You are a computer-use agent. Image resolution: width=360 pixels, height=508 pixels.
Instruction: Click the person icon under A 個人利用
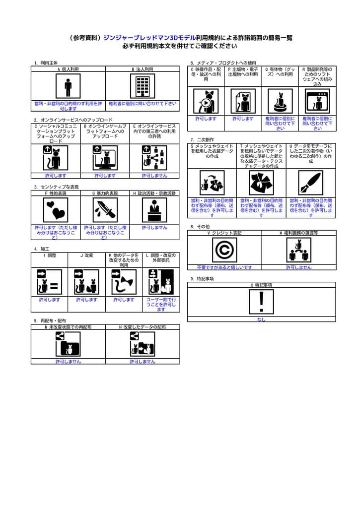[x=68, y=87]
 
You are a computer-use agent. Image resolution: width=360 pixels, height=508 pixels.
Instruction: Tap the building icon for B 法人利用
[x=143, y=87]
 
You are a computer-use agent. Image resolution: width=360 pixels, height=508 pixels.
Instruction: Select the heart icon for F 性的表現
[x=56, y=210]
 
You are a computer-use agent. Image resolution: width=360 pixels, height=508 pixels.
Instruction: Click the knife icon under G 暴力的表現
[x=105, y=210]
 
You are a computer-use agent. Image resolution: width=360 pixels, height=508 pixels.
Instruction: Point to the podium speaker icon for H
[x=154, y=210]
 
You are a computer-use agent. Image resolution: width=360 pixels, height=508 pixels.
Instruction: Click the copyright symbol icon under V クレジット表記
[x=224, y=250]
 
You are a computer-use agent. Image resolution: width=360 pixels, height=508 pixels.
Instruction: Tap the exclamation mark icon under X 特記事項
[x=261, y=302]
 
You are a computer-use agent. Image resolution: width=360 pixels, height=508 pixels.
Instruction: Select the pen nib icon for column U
[x=311, y=183]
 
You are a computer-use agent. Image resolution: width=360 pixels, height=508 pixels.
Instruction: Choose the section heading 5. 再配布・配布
[x=50, y=321]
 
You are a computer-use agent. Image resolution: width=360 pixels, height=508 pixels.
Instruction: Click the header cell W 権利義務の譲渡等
[x=298, y=233]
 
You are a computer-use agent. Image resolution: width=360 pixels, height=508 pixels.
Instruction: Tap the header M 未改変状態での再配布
[x=68, y=327]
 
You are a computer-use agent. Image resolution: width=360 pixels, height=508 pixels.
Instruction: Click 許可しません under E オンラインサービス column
[x=154, y=176]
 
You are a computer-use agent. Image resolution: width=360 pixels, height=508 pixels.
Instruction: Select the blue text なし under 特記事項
[x=261, y=319]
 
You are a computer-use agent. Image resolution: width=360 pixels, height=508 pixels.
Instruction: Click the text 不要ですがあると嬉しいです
[x=224, y=267]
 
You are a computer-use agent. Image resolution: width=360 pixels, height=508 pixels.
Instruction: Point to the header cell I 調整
[x=49, y=255]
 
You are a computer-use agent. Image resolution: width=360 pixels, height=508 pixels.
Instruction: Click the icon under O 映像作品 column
[x=206, y=101]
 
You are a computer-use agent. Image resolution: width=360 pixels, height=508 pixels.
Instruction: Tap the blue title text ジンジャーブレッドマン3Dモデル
[x=149, y=38]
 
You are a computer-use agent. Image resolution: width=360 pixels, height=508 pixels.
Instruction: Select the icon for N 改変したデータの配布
[x=143, y=344]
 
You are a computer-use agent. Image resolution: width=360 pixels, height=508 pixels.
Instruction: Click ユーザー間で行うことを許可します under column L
[x=161, y=305]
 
